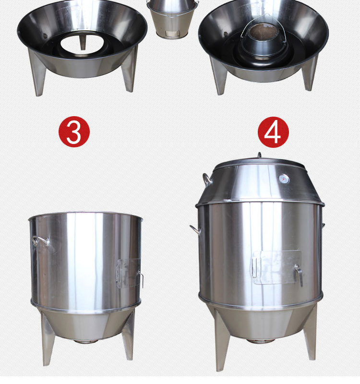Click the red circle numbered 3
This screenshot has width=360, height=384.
(74, 132)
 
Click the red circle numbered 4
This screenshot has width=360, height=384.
(273, 132)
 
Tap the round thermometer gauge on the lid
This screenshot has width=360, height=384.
(284, 179)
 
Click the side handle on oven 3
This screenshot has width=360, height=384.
(40, 240)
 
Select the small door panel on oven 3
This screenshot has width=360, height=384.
(128, 273)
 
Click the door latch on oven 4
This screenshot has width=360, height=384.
(299, 275)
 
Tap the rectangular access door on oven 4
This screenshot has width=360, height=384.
(277, 267)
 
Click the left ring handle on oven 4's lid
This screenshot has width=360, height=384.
(207, 179)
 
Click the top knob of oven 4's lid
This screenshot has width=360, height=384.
(259, 155)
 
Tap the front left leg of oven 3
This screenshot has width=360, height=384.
(48, 340)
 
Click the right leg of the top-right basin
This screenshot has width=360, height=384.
(310, 73)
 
